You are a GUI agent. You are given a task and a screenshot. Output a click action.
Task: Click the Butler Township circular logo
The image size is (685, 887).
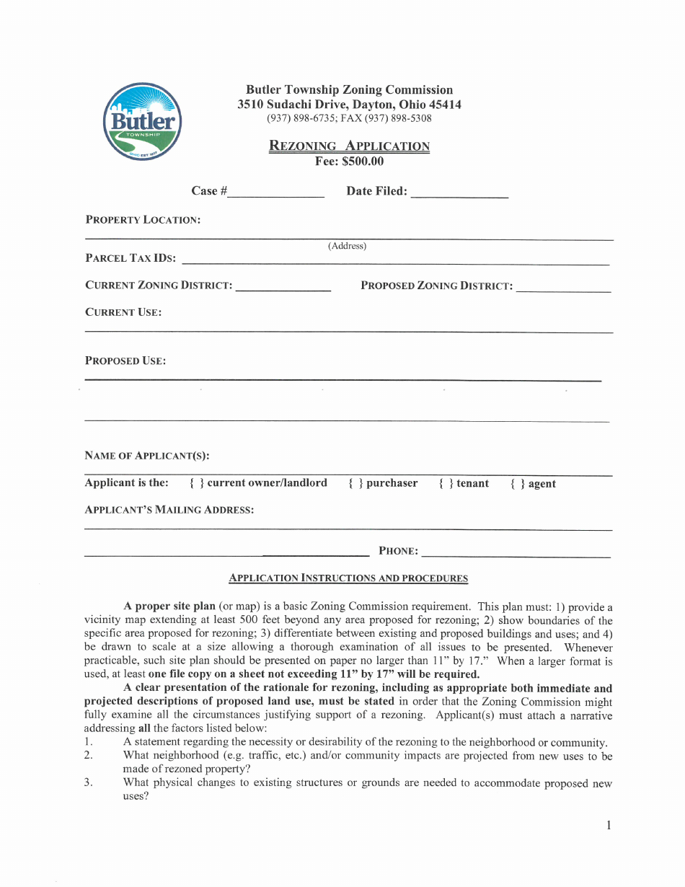143,121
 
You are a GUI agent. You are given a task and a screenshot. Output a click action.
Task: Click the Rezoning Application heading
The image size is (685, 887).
349,146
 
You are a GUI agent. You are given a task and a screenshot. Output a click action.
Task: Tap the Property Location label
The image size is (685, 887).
143,220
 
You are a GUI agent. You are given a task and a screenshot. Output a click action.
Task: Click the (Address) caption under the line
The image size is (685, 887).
347,246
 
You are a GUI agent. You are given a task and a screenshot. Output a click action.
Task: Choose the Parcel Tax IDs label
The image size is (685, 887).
131,258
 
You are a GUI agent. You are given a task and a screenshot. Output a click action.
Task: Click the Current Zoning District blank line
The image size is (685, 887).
283,287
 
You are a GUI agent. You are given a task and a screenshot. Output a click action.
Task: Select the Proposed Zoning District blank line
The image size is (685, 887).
563,288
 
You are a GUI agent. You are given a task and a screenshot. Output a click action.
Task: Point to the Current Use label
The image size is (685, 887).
123,312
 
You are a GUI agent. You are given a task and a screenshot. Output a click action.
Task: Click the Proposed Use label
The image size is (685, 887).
125,361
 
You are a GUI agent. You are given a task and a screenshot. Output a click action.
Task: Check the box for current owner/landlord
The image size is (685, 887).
196,483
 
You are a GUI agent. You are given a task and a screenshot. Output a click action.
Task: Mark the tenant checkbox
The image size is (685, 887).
446,484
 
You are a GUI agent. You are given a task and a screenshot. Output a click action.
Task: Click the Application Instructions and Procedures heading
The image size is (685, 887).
348,578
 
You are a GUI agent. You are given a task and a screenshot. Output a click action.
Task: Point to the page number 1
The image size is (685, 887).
609,825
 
